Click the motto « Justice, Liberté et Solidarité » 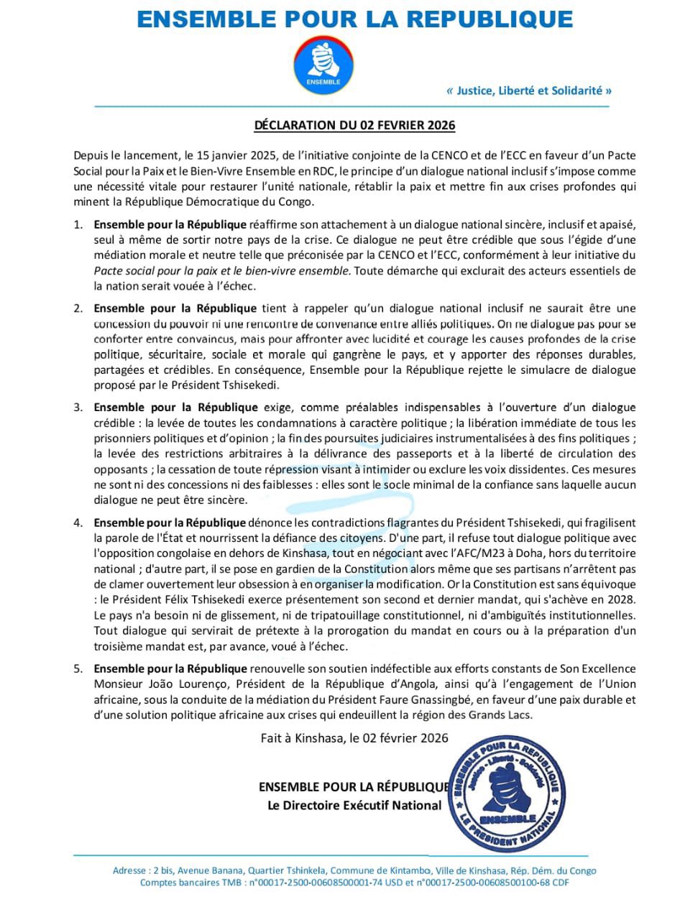pyautogui.click(x=529, y=91)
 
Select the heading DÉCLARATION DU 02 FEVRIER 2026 pyautogui.click(x=354, y=125)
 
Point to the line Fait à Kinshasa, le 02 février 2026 pyautogui.click(x=354, y=738)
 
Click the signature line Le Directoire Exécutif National pyautogui.click(x=354, y=806)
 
